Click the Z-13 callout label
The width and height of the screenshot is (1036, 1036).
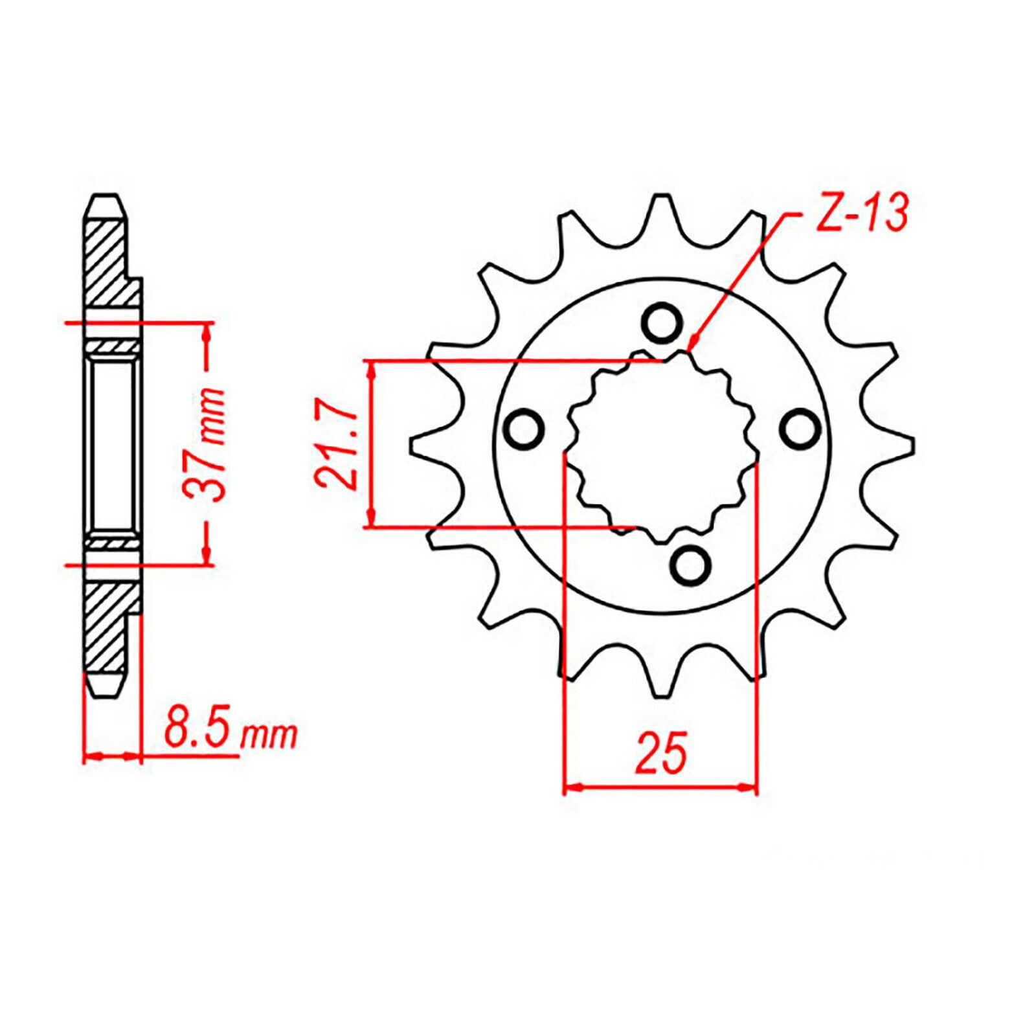pos(861,212)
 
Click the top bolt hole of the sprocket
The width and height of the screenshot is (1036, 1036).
pos(662,322)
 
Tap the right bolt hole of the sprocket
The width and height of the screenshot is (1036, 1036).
pos(800,429)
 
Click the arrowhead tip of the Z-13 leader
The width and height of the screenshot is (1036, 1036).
pos(692,343)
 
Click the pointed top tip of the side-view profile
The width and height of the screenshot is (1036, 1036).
pos(104,196)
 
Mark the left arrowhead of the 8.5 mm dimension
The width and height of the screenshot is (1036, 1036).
pos(89,756)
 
